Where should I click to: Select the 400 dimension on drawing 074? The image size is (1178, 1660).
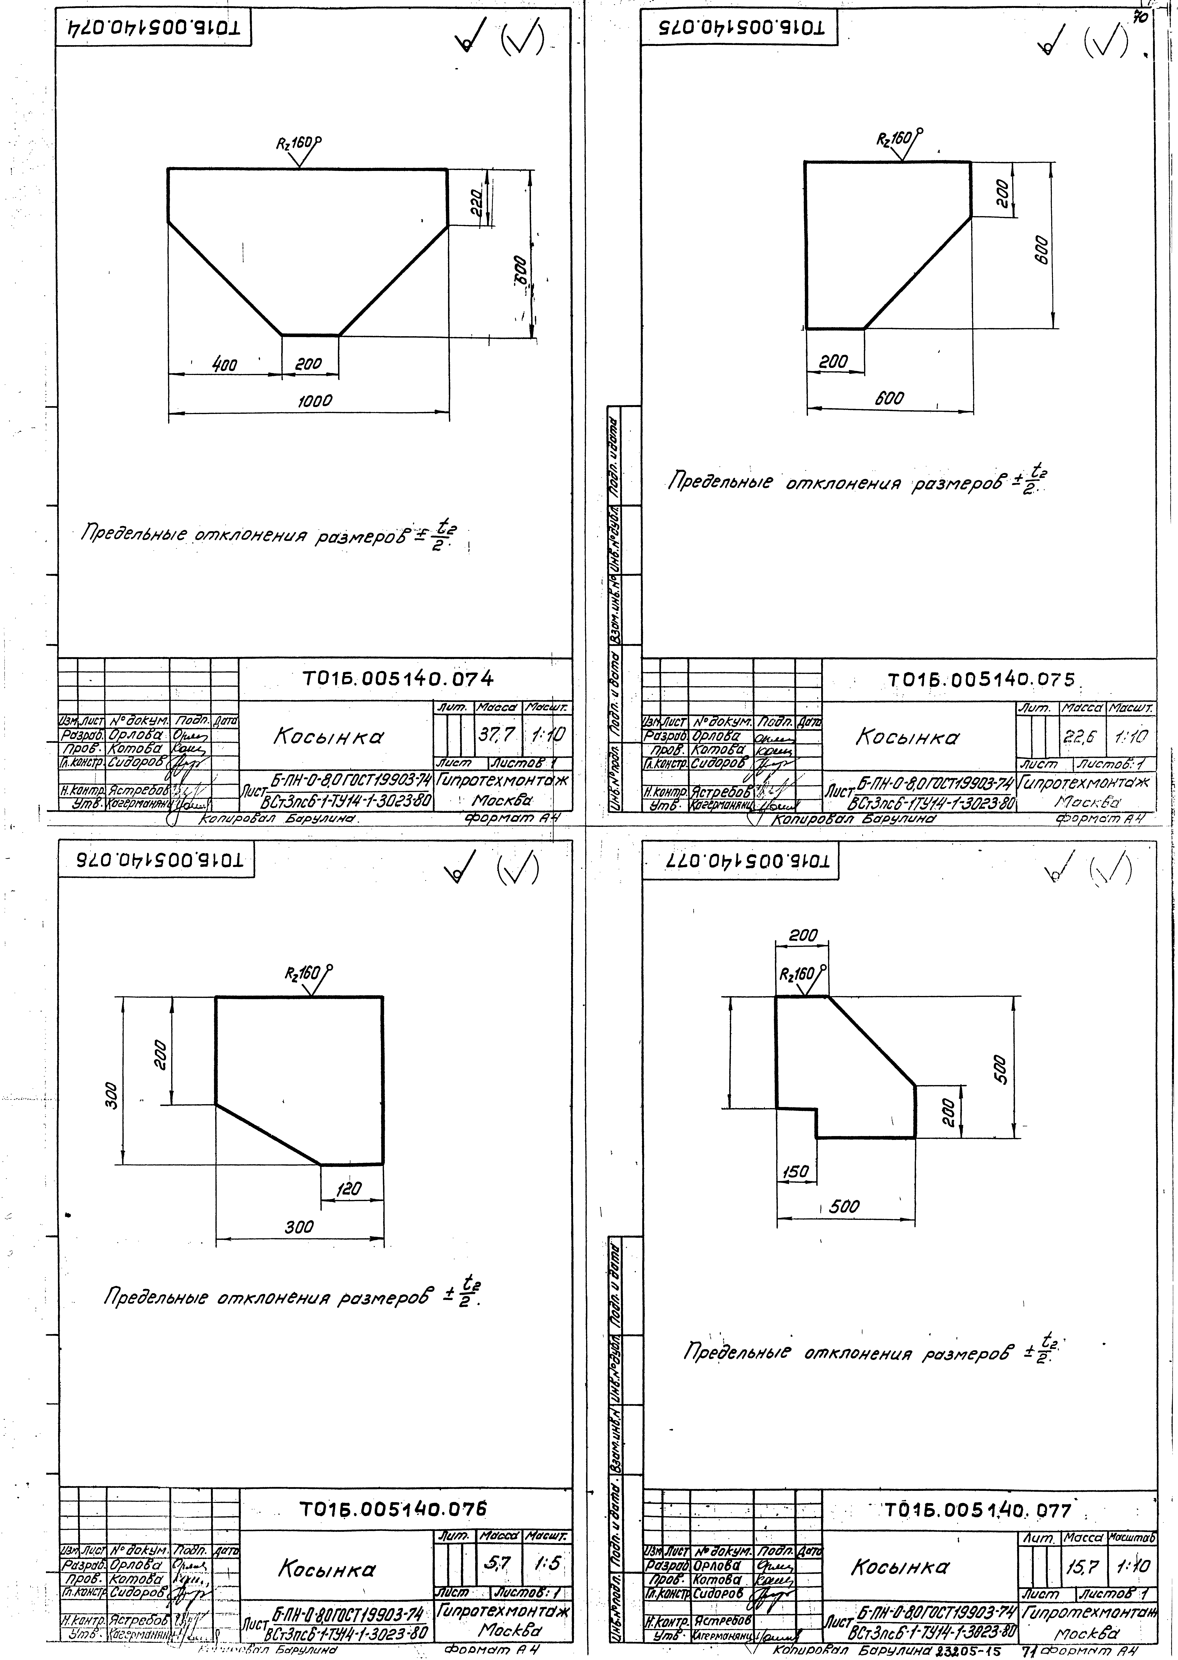(x=225, y=365)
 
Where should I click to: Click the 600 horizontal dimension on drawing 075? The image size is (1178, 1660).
(x=889, y=398)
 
